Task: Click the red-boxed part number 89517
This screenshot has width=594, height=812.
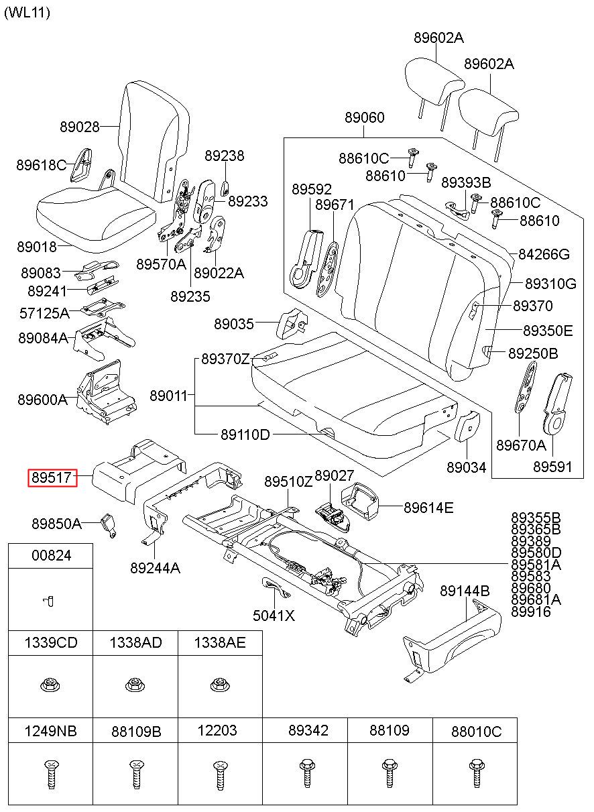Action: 52,477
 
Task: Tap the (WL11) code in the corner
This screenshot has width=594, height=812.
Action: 27,13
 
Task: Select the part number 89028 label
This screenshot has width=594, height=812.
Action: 80,127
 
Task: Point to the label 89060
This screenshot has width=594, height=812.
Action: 364,117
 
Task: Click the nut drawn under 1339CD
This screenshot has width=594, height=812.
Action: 50,685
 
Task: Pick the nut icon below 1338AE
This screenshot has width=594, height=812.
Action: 219,685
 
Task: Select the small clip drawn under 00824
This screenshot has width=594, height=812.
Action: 48,601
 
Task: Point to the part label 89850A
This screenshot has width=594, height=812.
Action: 56,524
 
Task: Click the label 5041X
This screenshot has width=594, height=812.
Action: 274,616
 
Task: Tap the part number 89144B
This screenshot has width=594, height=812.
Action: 465,591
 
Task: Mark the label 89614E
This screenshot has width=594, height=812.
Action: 428,508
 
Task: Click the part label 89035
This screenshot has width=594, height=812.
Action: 234,324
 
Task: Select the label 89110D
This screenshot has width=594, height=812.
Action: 245,434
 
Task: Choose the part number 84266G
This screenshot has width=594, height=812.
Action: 544,254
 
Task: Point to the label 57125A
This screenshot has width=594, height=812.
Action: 44,313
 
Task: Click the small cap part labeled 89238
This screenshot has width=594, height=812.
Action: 225,188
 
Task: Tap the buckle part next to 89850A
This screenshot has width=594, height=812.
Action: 109,526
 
